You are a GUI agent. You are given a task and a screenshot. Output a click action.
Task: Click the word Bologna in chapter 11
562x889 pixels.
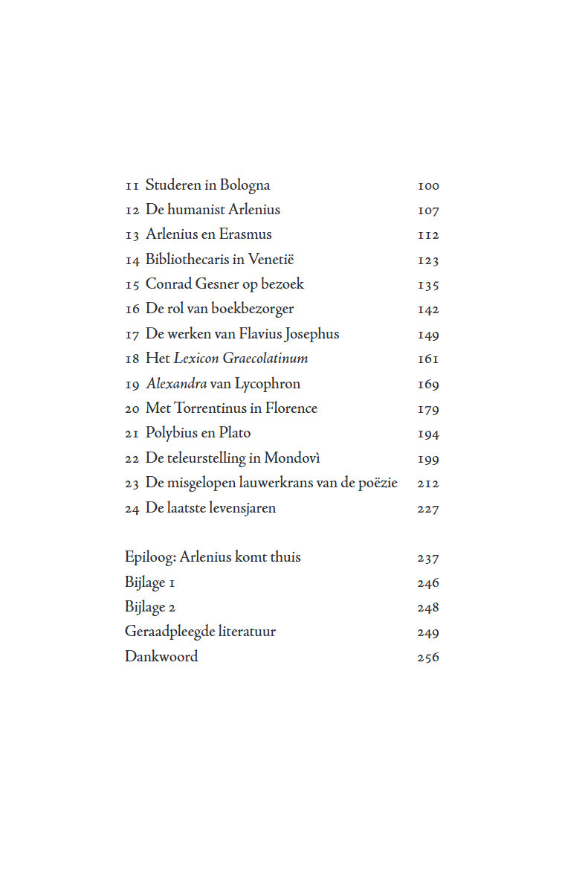(x=245, y=186)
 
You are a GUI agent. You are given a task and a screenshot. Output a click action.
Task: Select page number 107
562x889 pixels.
(x=428, y=211)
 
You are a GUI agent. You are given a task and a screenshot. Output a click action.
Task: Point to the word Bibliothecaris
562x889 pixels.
(x=187, y=260)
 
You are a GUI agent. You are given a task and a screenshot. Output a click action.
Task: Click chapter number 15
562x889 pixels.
(x=132, y=285)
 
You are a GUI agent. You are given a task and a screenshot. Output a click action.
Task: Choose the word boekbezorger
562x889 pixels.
(x=253, y=309)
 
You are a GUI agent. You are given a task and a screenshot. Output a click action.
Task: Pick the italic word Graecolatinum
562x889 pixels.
(x=265, y=359)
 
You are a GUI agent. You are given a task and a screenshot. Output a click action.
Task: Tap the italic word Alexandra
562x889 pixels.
(x=176, y=384)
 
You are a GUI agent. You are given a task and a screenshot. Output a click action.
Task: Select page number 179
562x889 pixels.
(x=428, y=409)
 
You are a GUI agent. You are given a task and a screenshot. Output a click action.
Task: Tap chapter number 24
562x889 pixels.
(x=132, y=509)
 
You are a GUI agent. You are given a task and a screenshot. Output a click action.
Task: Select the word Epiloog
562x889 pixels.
(x=149, y=557)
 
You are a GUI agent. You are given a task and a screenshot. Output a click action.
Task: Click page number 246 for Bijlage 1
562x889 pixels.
(x=428, y=583)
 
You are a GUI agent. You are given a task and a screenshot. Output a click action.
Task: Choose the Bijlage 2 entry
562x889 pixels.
(x=150, y=608)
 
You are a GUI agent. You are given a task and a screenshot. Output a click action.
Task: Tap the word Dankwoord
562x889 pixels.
(x=161, y=657)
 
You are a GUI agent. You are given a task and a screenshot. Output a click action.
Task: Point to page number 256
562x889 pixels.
(x=428, y=658)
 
